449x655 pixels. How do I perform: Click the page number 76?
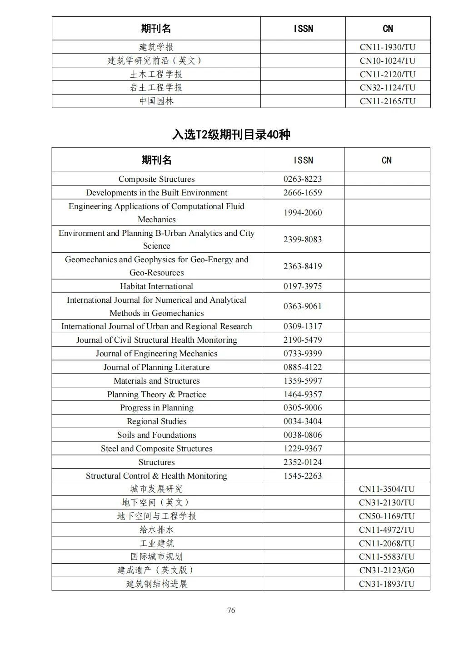coord(231,610)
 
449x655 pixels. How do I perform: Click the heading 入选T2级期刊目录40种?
coord(231,135)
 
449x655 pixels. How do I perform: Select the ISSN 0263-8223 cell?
coord(303,179)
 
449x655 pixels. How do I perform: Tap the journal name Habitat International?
coord(156,286)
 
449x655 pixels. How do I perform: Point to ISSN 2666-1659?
coord(303,193)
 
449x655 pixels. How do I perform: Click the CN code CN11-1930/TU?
coord(388,47)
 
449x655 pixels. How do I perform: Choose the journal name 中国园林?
coord(156,101)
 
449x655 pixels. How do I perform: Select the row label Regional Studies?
coord(156,421)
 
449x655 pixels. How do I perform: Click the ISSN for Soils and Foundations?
coord(303,435)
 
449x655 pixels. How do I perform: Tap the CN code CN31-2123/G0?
coord(387,570)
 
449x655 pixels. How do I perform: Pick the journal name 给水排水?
coord(156,530)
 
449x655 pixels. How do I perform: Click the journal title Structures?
coord(156,462)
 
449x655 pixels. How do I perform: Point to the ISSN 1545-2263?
coord(303,476)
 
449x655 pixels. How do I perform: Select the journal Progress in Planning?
coord(156,408)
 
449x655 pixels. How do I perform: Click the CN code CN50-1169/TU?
coord(387,516)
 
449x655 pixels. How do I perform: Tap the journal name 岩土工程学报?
coord(156,88)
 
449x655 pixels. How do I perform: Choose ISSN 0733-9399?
coord(303,354)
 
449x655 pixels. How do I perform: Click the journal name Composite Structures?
coord(156,179)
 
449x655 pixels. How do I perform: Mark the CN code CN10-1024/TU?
coord(388,61)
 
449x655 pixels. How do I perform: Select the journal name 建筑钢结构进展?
coord(156,584)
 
